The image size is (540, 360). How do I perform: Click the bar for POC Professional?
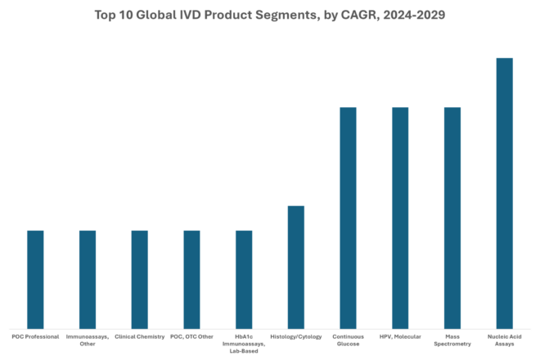click(x=35, y=279)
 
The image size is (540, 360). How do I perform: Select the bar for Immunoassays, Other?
click(x=88, y=279)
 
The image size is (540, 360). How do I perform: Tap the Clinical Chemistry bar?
click(x=140, y=279)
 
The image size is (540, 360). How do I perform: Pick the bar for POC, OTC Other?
click(x=191, y=279)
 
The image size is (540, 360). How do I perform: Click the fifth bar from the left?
click(x=244, y=279)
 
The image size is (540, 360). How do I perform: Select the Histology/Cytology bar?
click(x=296, y=267)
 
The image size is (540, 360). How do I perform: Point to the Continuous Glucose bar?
click(x=348, y=218)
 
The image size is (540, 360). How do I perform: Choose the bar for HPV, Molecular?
click(x=400, y=218)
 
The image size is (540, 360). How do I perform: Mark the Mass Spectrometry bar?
click(x=452, y=218)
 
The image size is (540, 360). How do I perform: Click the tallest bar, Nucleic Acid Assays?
click(x=505, y=193)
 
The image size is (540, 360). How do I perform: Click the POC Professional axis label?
click(x=35, y=336)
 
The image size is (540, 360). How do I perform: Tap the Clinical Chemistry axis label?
click(x=140, y=336)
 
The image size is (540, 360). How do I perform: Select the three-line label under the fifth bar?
click(x=244, y=343)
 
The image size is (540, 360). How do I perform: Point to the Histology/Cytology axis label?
click(x=296, y=336)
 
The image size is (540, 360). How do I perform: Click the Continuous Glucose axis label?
click(x=348, y=340)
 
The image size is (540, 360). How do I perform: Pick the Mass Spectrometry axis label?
click(x=452, y=340)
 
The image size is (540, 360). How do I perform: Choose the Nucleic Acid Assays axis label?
click(x=505, y=340)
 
